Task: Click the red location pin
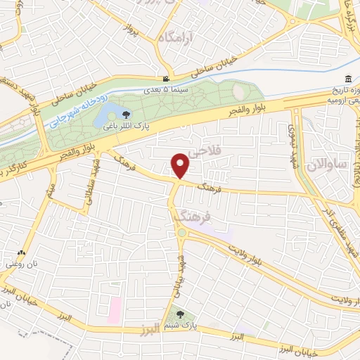point(181,165)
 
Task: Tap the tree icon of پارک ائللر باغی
point(127,114)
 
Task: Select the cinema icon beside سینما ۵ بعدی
point(165,79)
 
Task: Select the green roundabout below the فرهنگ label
point(183,232)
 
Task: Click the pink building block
point(114,307)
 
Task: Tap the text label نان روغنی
point(20,264)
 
